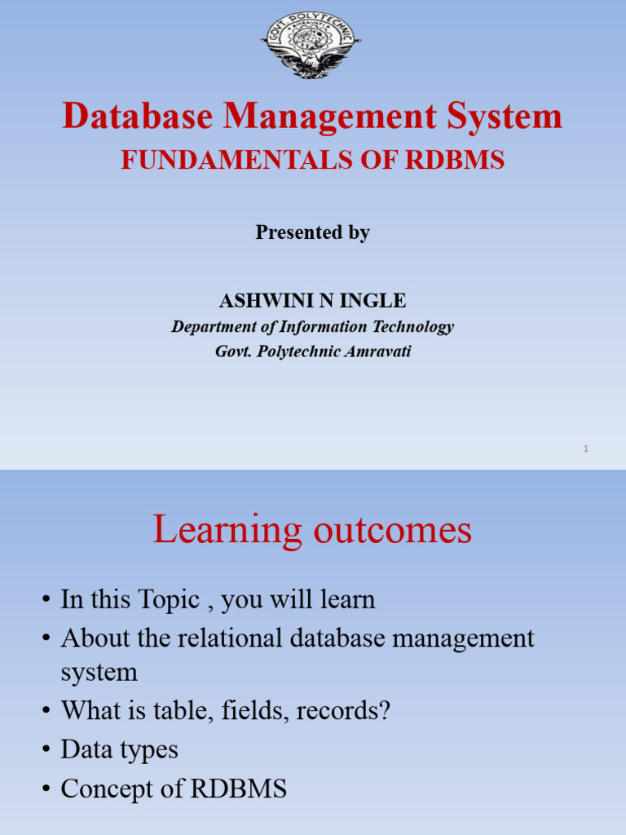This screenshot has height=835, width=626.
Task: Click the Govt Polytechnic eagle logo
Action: (312, 45)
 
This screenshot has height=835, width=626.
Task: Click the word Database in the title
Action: (137, 117)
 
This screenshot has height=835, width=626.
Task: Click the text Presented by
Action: (313, 232)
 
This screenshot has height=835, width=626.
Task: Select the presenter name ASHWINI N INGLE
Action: (312, 301)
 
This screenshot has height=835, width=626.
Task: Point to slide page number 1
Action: (586, 448)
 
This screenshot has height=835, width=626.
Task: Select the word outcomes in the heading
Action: (393, 530)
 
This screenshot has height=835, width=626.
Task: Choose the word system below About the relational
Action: (99, 673)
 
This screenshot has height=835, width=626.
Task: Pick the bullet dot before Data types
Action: (46, 750)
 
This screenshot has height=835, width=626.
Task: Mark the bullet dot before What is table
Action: (46, 711)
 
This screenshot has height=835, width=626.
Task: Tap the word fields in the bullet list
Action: (253, 710)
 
